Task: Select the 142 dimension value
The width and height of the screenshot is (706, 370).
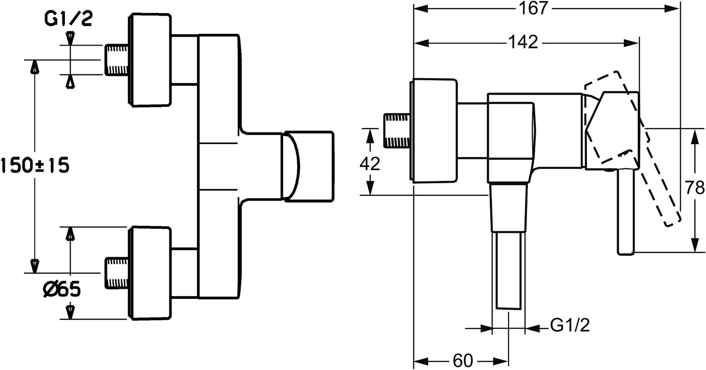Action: coord(523,43)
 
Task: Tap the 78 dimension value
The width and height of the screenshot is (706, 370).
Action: coord(695,187)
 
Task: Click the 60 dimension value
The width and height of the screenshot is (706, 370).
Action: coord(463,361)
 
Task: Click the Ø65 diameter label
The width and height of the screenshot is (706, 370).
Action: coord(61,290)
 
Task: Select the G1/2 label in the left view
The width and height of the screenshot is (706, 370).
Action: coord(68,19)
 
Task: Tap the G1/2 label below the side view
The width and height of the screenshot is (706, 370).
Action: coord(570,326)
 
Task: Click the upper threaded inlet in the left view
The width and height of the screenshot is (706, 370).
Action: coord(116,59)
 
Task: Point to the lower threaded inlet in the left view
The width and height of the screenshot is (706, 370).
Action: coord(116,273)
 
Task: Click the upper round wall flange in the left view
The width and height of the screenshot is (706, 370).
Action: coord(150,60)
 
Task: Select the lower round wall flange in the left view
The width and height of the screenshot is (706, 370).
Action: coord(150,273)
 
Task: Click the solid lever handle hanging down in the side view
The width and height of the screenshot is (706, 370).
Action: coord(625,213)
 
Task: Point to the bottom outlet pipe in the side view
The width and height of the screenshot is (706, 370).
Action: coord(508,271)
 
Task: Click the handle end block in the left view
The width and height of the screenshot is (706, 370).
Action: coord(309,165)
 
